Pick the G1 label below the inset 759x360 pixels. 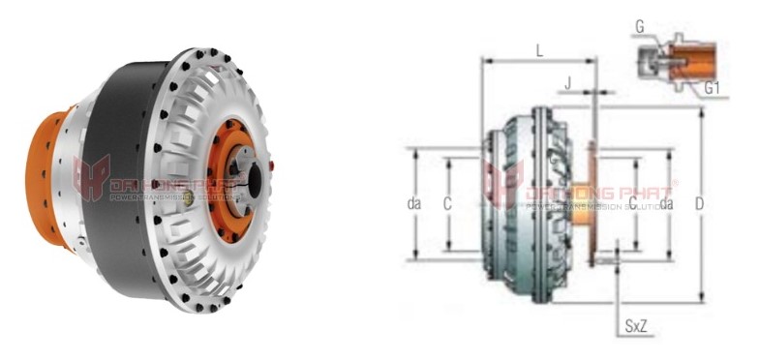[712, 88]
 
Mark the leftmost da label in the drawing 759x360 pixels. [414, 204]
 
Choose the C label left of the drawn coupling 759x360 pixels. [447, 204]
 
